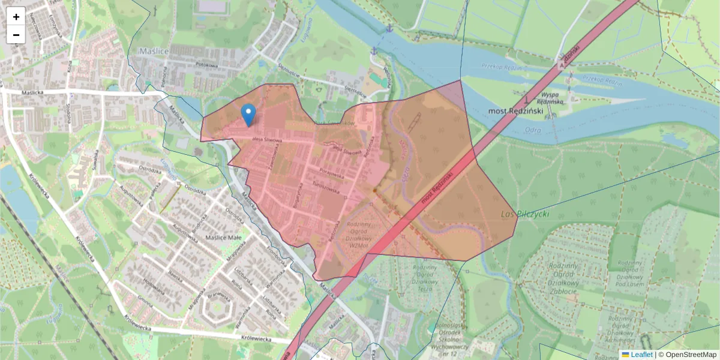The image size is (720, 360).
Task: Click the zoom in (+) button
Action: point(16,17)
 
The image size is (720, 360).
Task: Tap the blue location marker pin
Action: point(248,115)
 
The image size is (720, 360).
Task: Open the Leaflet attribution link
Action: point(641,355)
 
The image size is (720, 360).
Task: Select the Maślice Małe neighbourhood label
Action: point(223,238)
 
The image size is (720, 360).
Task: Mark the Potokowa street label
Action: point(206,65)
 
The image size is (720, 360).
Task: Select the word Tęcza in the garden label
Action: point(425,289)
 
